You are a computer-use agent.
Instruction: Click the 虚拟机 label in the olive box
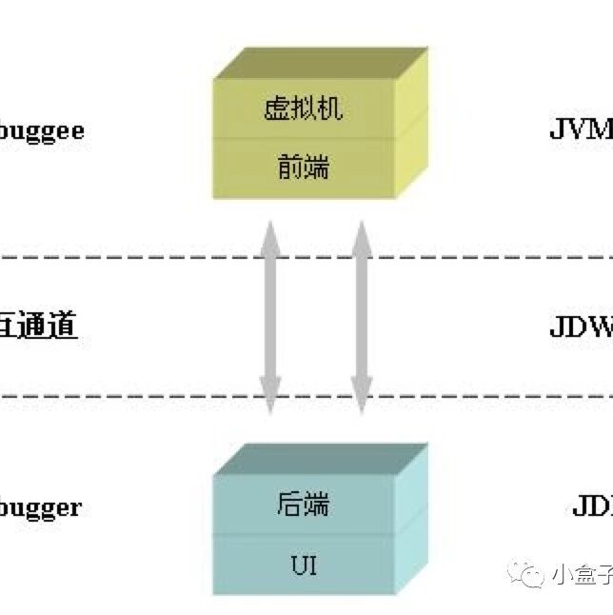303,109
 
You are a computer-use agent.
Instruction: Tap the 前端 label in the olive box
303,167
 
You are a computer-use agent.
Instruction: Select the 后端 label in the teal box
303,504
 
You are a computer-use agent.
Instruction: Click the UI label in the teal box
303,565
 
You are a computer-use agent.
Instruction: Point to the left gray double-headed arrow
269,317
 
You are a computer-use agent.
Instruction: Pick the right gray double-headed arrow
361,317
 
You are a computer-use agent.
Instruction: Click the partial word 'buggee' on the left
42,130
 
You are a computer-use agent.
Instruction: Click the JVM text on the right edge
581,129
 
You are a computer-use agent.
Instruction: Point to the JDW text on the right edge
581,327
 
